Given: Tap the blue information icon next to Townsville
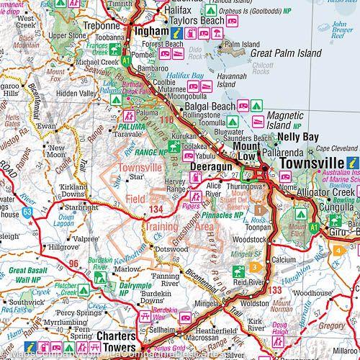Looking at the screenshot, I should point(353,163).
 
